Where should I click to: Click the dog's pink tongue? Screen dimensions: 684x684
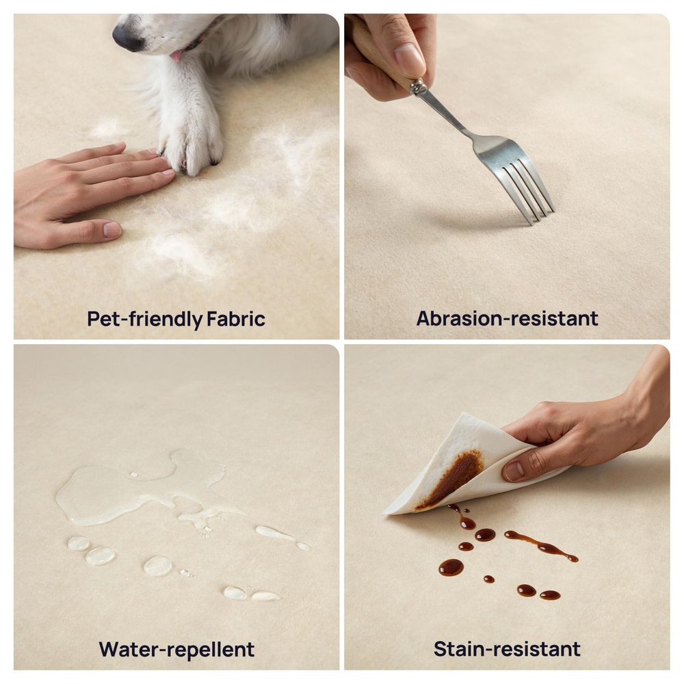tap(176, 55)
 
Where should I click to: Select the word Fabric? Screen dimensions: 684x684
tap(235, 319)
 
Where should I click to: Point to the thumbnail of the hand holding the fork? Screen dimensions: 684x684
tap(409, 60)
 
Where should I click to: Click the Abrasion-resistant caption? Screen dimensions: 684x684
tap(507, 319)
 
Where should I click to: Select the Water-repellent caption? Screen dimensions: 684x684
tap(176, 650)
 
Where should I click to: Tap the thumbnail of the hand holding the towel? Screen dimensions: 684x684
tap(514, 471)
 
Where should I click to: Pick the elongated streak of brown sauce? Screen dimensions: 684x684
tap(541, 545)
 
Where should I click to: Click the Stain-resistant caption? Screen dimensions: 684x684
tap(507, 649)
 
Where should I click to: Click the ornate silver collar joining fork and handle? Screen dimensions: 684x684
tap(418, 88)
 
